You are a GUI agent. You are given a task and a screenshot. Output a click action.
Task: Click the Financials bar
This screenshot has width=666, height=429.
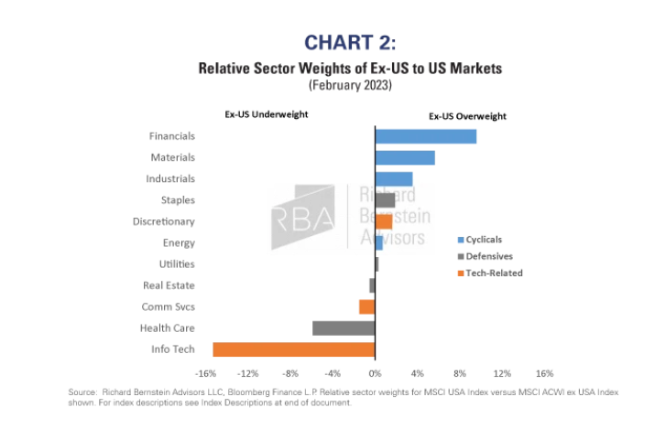tap(425, 136)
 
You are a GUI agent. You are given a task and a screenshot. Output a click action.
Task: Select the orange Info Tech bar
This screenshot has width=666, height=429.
tap(294, 349)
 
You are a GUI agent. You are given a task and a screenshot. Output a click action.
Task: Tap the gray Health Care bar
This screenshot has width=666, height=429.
tap(344, 327)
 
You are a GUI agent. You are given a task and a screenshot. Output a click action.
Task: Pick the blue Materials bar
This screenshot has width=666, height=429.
tap(405, 157)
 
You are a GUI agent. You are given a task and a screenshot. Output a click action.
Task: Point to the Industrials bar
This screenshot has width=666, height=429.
tap(394, 178)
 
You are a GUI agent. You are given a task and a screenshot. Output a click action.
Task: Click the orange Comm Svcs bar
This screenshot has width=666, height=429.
tap(367, 306)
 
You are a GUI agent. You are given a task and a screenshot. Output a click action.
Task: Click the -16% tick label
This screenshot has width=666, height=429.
tap(206, 373)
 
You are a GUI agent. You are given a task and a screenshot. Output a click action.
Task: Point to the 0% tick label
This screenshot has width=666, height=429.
tap(375, 373)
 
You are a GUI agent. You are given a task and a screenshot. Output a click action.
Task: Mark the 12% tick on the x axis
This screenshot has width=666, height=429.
tap(501, 373)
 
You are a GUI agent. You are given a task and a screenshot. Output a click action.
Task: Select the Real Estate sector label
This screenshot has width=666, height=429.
tap(169, 285)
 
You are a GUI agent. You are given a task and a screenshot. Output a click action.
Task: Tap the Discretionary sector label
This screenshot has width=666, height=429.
tap(164, 221)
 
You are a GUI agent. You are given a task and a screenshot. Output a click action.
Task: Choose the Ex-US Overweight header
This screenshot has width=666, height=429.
tap(468, 116)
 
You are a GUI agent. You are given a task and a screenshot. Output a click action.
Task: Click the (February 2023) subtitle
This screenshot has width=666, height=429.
tap(351, 85)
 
